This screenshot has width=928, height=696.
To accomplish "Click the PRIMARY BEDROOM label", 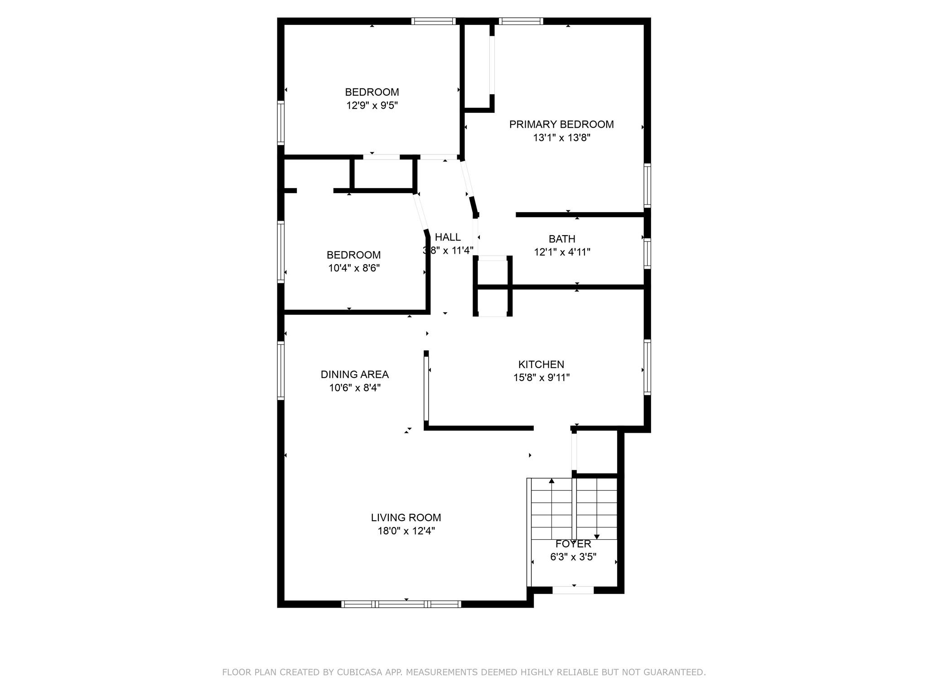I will pyautogui.click(x=561, y=125).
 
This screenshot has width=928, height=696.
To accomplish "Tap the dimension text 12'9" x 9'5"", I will pyautogui.click(x=372, y=106).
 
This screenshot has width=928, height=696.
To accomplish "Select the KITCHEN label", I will pyautogui.click(x=541, y=364).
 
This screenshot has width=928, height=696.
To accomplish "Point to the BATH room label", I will pyautogui.click(x=562, y=239).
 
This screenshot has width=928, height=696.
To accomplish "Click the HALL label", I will pyautogui.click(x=448, y=237).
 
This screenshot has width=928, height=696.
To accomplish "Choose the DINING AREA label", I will pyautogui.click(x=354, y=374).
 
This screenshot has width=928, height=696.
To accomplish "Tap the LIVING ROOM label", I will pyautogui.click(x=406, y=517).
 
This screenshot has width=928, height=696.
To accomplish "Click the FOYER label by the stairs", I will pyautogui.click(x=573, y=544).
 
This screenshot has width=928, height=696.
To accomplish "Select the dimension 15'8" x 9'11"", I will pyautogui.click(x=541, y=377).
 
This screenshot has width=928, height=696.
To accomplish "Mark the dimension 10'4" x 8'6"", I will pyautogui.click(x=354, y=268).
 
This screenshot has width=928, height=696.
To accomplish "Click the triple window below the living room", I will pyautogui.click(x=401, y=604).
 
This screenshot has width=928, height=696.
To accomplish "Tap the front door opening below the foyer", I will pyautogui.click(x=573, y=590).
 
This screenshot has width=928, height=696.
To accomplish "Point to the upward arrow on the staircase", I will pyautogui.click(x=551, y=481).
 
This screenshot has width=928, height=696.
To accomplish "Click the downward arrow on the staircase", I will pyautogui.click(x=597, y=536).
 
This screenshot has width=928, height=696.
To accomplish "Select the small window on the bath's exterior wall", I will pyautogui.click(x=648, y=253).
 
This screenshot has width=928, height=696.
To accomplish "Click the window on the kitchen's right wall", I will pyautogui.click(x=648, y=367).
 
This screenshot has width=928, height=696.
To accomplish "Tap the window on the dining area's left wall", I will pyautogui.click(x=281, y=371).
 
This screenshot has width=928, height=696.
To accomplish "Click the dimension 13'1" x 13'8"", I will pyautogui.click(x=561, y=138).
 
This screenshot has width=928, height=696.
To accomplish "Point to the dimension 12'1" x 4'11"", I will pyautogui.click(x=562, y=252).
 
